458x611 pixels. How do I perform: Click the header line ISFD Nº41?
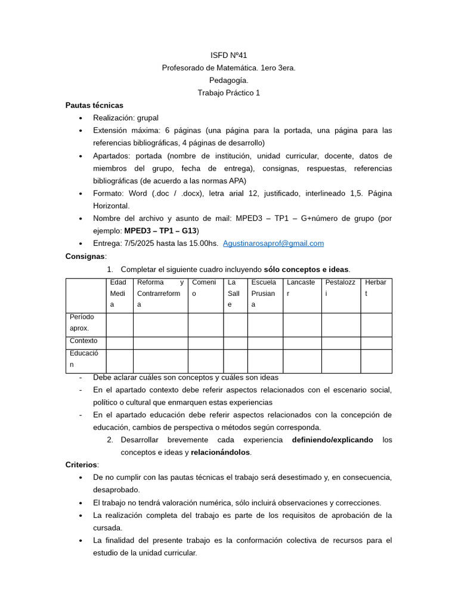tap(228, 55)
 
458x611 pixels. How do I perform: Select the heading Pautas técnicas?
tap(94, 105)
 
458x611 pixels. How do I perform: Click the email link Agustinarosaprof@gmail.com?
tap(273, 243)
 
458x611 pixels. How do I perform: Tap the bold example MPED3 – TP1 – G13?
tap(160, 230)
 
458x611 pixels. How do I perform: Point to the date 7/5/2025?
tap(141, 243)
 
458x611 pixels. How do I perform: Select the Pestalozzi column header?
tap(341, 288)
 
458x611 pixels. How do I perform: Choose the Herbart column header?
tap(376, 288)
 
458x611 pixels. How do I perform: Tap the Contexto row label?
tap(83, 341)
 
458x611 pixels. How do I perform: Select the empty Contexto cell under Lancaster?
tap(302, 342)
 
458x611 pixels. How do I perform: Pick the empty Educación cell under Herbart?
tap(376, 361)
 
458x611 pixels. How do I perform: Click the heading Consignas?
tap(85, 256)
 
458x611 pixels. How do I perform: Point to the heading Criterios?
tap(82, 465)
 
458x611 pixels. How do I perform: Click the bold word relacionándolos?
tap(221, 452)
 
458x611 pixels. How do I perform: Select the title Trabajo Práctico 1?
tap(228, 93)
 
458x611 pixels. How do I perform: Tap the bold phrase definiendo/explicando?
tap(332, 440)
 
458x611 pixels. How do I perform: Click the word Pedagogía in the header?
tap(228, 81)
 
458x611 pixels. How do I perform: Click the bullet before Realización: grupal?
tap(81, 118)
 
